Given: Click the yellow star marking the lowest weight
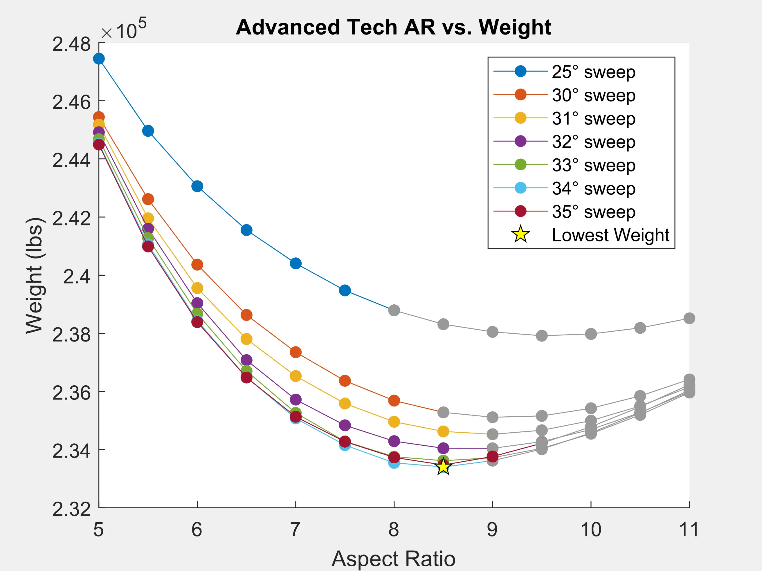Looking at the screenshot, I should (443, 467).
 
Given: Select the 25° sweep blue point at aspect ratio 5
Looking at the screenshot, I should (99, 59).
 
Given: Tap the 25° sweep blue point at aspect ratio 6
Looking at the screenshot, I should (197, 186).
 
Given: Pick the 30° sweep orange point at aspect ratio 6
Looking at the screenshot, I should (197, 265).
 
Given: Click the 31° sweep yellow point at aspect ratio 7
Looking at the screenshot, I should (296, 376).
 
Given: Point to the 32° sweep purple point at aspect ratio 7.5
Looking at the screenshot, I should (345, 425).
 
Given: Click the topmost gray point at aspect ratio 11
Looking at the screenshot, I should (689, 318).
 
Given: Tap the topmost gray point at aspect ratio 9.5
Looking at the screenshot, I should (542, 335).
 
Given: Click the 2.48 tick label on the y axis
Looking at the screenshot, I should (71, 44).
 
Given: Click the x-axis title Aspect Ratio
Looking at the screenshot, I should (393, 559).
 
